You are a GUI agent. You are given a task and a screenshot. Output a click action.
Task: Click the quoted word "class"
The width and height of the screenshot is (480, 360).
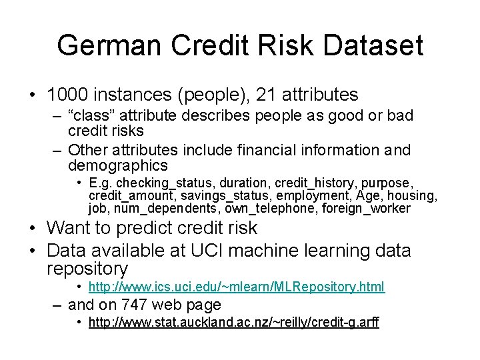point(93,115)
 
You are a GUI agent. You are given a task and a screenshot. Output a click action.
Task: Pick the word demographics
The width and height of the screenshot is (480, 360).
point(117,165)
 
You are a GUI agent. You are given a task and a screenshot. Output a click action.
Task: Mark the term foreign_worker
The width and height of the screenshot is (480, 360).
point(366,209)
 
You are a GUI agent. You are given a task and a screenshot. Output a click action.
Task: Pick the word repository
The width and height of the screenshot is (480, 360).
point(87,269)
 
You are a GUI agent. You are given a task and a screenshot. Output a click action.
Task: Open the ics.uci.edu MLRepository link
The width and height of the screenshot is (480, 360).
point(236,287)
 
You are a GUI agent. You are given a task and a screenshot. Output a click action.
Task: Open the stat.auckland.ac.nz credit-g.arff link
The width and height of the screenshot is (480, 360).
point(233,323)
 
